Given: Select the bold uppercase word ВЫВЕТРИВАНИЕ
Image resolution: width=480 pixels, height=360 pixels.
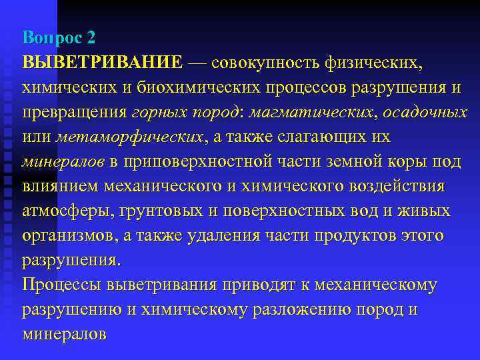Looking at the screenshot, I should click(102, 62).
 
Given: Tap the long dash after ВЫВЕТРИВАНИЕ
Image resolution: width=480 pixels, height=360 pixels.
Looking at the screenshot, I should click(198, 62).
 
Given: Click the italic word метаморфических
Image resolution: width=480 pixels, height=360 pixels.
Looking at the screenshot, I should click(129, 137).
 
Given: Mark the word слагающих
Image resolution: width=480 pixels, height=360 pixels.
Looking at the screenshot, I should click(326, 137).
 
